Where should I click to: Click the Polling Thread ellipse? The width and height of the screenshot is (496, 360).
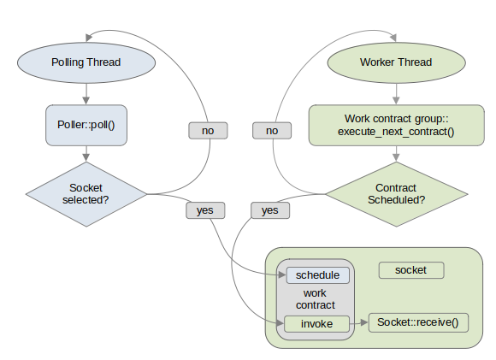tap(86, 62)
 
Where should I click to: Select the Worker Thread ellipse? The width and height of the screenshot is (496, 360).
tap(396, 62)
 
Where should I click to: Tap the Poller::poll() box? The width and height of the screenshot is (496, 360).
tap(86, 125)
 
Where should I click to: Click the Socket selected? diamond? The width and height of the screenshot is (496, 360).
tap(86, 194)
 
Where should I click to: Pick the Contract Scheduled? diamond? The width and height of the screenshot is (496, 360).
tap(397, 194)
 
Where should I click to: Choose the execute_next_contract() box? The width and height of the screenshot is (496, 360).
tap(396, 125)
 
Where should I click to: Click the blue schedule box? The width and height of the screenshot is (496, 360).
tap(318, 275)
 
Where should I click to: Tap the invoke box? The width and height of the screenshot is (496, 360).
tap(317, 324)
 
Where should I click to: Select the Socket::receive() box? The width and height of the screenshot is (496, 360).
tap(418, 322)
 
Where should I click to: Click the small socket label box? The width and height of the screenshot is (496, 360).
tap(411, 270)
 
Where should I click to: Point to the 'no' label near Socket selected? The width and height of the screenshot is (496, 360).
tap(208, 131)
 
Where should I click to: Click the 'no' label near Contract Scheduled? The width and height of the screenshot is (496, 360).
tap(272, 131)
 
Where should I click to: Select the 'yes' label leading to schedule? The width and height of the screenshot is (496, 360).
tap(205, 210)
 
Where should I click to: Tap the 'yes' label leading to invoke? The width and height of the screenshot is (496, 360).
tap(270, 210)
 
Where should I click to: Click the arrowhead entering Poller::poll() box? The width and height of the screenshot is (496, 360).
tap(86, 101)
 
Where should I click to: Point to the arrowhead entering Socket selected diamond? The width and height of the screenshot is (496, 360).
tap(86, 157)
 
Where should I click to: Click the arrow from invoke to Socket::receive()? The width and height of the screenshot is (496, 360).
tap(359, 323)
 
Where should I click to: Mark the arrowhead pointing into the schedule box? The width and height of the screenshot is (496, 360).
tap(282, 274)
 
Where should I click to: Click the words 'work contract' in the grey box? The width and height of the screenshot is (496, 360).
tap(315, 299)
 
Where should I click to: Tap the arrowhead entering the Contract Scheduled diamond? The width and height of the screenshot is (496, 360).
tap(396, 157)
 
